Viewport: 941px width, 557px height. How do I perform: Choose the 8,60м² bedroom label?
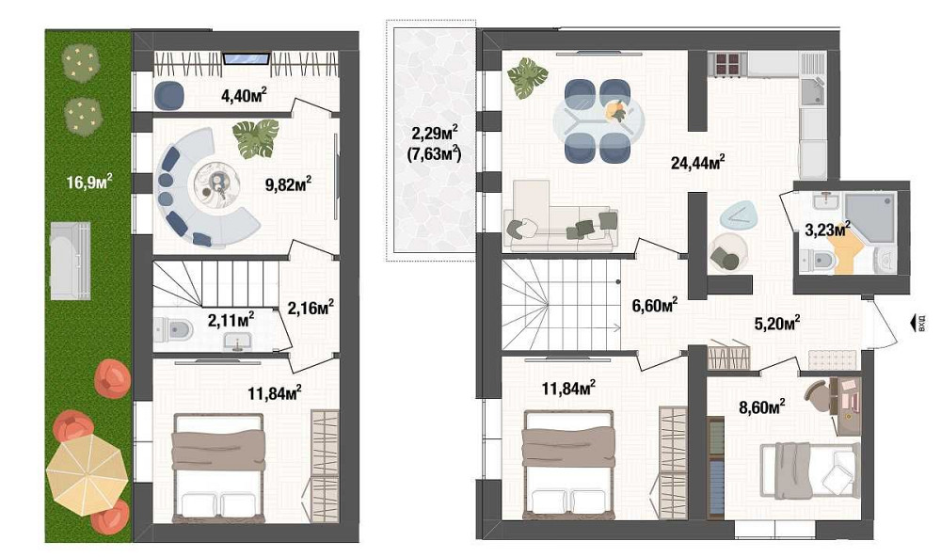[761, 406]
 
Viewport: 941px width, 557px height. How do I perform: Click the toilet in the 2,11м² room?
[176, 329]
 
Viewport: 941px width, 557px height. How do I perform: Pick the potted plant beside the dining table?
[527, 77]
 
